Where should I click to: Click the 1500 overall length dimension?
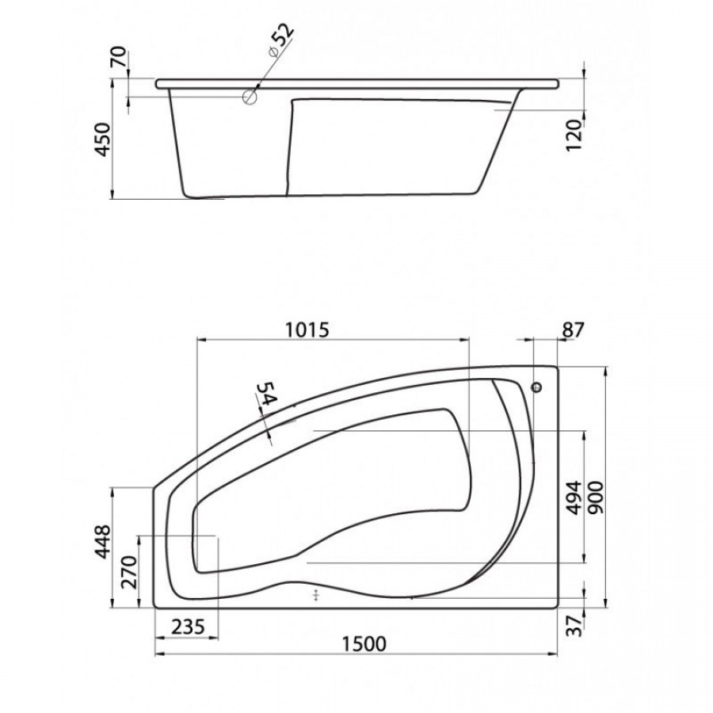[x=364, y=644]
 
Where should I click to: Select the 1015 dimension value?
[x=307, y=330]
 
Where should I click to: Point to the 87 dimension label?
[x=572, y=330]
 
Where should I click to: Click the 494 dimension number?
[x=575, y=498]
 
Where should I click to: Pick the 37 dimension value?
[x=576, y=626]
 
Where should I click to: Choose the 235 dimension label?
[x=188, y=627]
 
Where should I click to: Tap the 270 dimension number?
[x=130, y=572]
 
